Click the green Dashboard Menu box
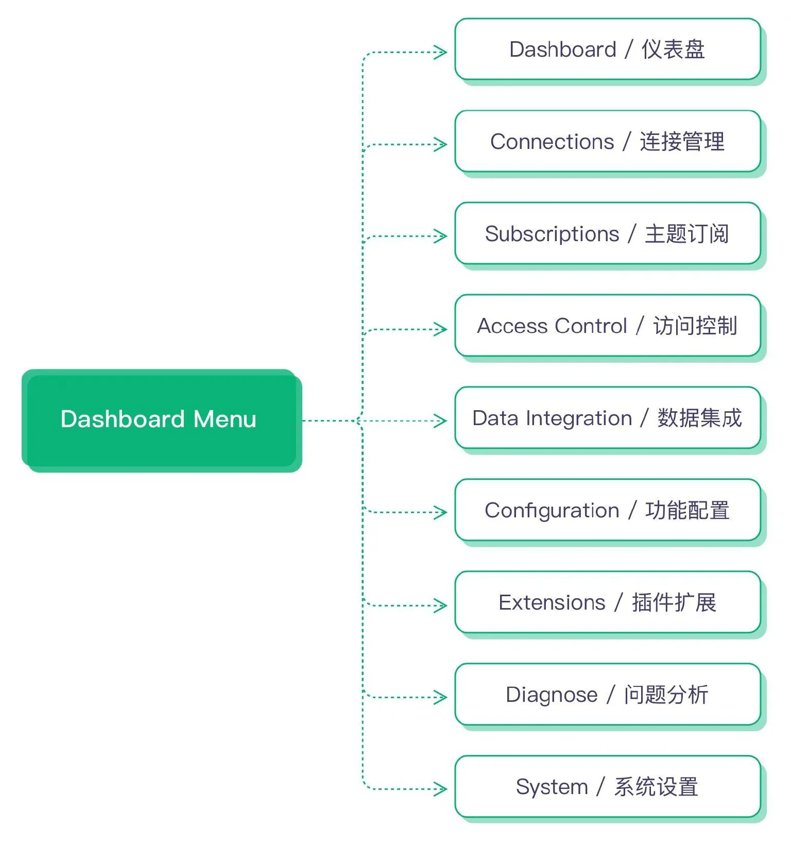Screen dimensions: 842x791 161,420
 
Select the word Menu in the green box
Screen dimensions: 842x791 225,419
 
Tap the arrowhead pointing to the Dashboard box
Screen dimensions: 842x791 441,52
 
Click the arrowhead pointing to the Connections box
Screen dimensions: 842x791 441,144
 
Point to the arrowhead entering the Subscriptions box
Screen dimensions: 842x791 441,237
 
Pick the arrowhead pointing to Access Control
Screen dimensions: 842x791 441,329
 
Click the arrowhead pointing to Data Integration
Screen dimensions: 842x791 441,421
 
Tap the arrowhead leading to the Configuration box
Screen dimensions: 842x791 441,513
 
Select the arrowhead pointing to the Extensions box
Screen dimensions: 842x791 441,605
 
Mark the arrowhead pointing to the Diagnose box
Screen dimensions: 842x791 441,698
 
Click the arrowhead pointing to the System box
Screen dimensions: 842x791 441,789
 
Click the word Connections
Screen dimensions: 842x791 552,142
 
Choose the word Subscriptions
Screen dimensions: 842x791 552,234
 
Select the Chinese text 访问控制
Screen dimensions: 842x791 695,326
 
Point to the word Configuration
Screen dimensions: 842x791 552,511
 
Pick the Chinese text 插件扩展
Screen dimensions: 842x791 674,602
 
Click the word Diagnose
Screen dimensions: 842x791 552,695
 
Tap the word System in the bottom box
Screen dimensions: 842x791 552,787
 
